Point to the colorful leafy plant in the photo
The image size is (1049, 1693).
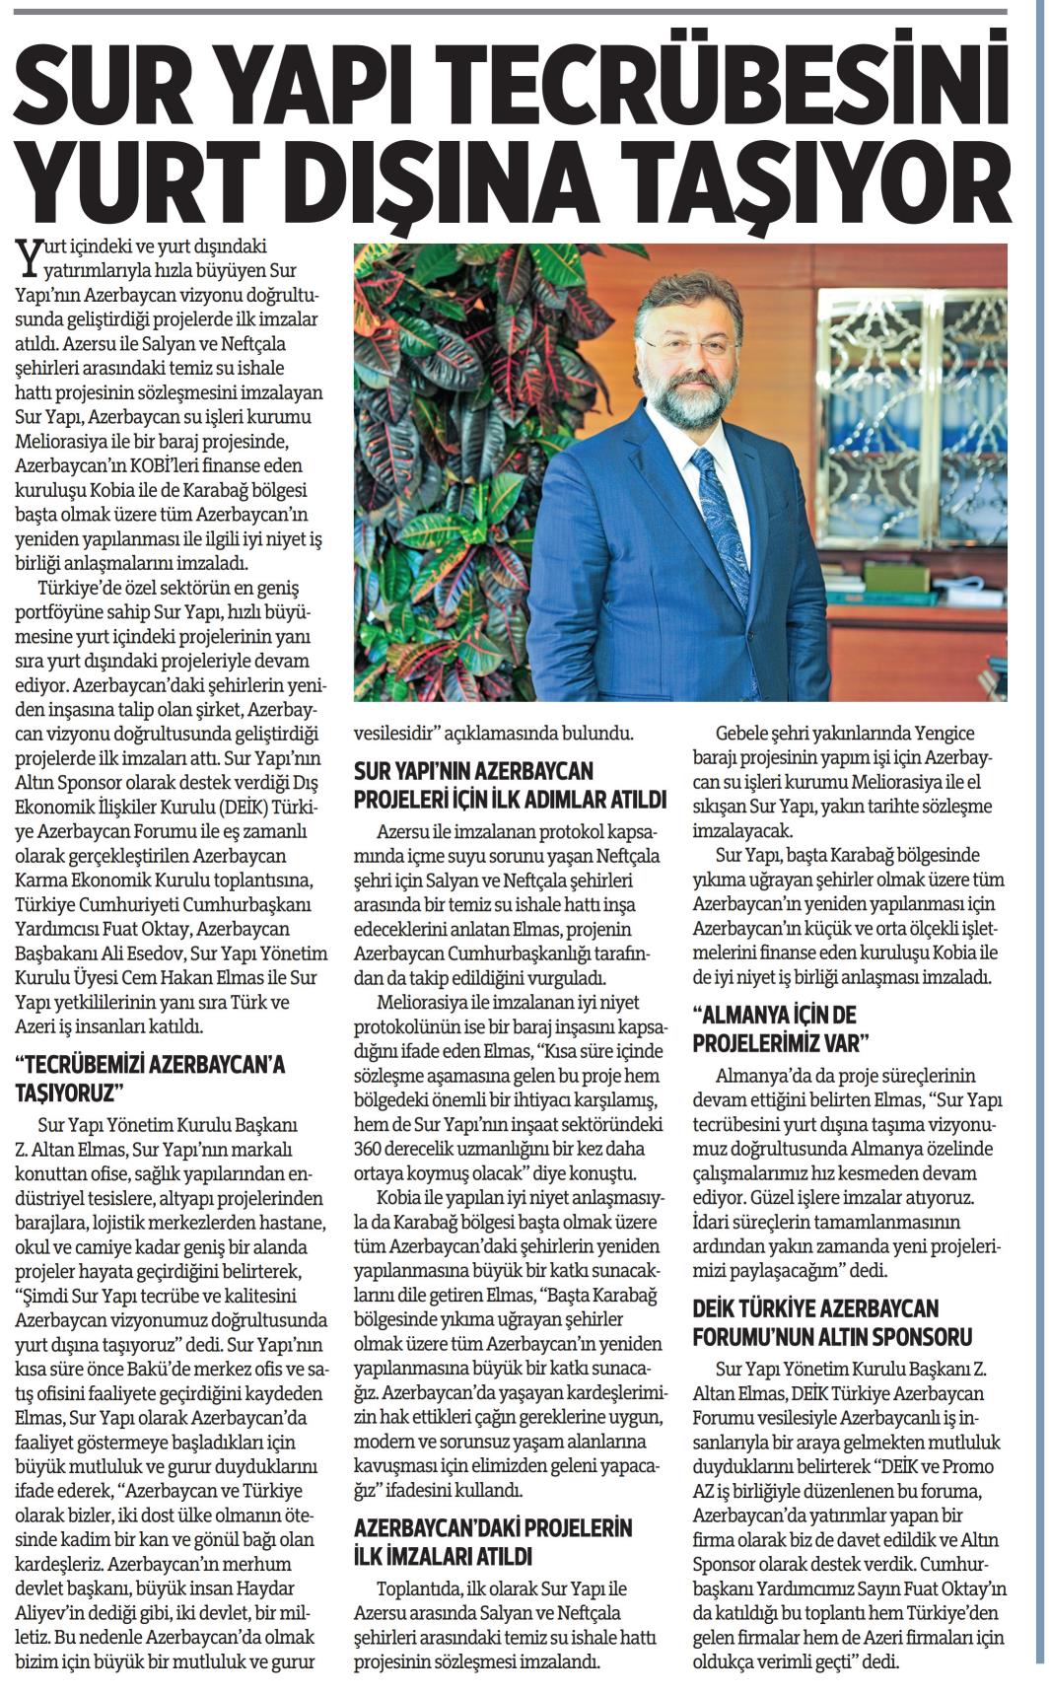pos(444,463)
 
